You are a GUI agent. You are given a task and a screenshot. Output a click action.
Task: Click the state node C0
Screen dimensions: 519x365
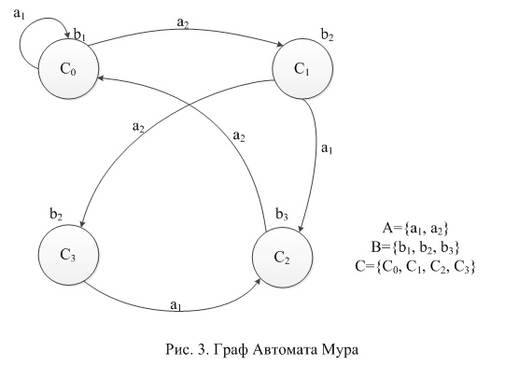pyautogui.click(x=68, y=69)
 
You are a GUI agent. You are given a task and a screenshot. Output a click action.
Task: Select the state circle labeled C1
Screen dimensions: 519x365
pyautogui.click(x=302, y=69)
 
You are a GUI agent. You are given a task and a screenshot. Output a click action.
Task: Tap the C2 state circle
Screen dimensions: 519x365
pyautogui.click(x=282, y=257)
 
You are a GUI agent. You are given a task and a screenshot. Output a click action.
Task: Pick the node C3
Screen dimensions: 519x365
pyautogui.click(x=68, y=255)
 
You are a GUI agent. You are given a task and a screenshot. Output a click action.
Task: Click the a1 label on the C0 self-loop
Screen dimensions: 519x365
pyautogui.click(x=20, y=14)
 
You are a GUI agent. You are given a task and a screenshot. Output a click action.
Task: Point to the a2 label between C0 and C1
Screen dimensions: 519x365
pyautogui.click(x=183, y=23)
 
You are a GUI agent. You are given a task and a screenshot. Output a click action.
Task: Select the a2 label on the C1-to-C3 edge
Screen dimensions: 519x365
pyautogui.click(x=138, y=127)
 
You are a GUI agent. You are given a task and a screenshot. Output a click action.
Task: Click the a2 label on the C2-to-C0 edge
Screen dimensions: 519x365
pyautogui.click(x=239, y=136)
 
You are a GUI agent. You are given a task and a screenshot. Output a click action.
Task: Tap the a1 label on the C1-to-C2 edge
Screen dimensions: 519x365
pyautogui.click(x=327, y=148)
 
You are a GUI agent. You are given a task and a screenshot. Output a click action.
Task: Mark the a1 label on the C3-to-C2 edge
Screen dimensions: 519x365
pyautogui.click(x=175, y=305)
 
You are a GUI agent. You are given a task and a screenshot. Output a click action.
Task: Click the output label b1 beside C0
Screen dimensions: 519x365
pyautogui.click(x=79, y=35)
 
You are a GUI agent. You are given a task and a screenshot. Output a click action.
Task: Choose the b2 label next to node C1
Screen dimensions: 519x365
pyautogui.click(x=327, y=35)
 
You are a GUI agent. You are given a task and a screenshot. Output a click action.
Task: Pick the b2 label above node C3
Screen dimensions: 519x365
pyautogui.click(x=56, y=215)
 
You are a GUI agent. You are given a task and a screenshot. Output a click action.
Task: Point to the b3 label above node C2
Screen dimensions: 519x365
pyautogui.click(x=282, y=215)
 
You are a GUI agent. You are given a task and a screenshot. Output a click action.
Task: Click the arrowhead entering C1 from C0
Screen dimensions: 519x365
pyautogui.click(x=280, y=45)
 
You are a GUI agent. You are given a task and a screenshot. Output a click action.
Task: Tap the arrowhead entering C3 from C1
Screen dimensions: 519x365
pyautogui.click(x=82, y=223)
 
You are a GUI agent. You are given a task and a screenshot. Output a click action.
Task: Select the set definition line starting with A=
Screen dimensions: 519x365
pyautogui.click(x=415, y=229)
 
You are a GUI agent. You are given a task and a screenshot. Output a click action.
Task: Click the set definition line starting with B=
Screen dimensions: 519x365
pyautogui.click(x=415, y=247)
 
